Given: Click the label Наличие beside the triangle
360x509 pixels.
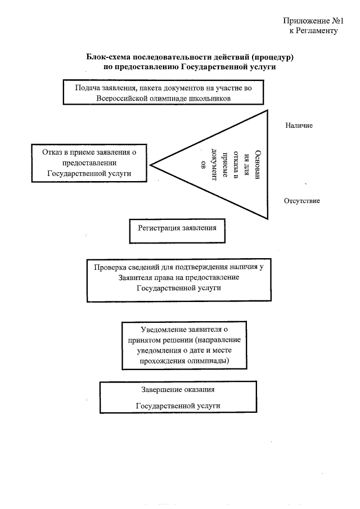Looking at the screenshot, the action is (x=299, y=125).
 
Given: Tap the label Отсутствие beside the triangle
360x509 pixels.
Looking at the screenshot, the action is (x=302, y=201).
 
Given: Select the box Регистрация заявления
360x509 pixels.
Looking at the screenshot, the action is (x=177, y=231).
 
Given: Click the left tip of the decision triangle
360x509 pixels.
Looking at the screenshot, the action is (x=150, y=165).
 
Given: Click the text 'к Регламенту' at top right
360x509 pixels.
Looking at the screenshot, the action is (x=313, y=30).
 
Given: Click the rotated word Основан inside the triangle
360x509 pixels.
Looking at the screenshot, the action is (x=258, y=164).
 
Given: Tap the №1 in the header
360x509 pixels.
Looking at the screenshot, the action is (x=337, y=21).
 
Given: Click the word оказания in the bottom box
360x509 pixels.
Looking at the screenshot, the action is (x=199, y=390).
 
